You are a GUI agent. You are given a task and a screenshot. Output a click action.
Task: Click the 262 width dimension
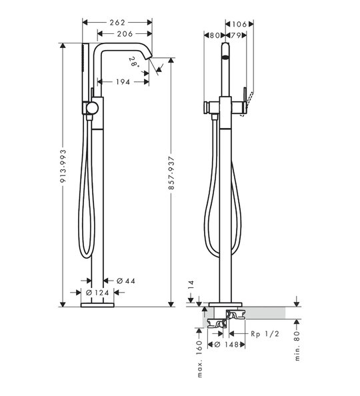[117, 23]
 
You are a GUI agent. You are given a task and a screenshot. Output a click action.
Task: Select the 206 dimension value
[125, 33]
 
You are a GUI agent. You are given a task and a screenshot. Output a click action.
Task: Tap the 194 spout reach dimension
[123, 82]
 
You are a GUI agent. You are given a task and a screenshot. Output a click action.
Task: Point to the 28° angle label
[134, 62]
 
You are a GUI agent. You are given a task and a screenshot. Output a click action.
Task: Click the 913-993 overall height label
[63, 166]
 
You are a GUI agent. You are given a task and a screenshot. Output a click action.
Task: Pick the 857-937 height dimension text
[171, 173]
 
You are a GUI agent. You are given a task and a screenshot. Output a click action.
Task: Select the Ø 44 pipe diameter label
[126, 281]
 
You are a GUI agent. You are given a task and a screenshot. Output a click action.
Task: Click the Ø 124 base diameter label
[97, 293]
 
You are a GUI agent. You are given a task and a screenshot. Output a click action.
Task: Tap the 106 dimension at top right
[239, 24]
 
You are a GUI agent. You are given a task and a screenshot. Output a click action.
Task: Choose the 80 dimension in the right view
[215, 35]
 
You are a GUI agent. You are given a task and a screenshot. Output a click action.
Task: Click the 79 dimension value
[235, 35]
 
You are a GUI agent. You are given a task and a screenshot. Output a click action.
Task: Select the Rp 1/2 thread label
[265, 334]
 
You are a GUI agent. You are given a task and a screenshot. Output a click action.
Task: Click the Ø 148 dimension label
[227, 345]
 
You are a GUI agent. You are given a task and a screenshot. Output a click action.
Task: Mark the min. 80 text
[297, 346]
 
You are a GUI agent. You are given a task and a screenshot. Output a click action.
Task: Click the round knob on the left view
[92, 108]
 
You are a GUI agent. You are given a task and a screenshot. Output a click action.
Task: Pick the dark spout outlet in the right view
[225, 57]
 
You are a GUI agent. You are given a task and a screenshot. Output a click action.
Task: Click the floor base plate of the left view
[97, 305]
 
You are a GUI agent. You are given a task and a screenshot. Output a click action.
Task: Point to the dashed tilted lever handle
[247, 104]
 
